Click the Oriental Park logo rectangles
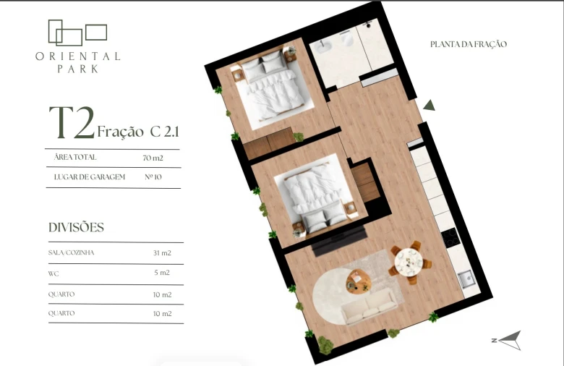coord(77,33)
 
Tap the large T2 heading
coord(72,122)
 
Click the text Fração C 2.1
coord(138,132)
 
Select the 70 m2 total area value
coord(153,158)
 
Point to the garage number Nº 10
coord(153,176)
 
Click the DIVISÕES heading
coord(76,227)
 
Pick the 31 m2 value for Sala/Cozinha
coord(162,253)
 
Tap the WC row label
coord(54,274)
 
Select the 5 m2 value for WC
coord(162,273)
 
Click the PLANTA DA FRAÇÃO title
coord(469,44)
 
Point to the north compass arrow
coord(509,340)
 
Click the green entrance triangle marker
coord(429,106)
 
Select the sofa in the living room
coord(369,307)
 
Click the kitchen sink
coord(467,279)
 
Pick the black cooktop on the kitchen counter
coord(450,237)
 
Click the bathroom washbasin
coord(320,46)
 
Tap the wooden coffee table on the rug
coord(359,281)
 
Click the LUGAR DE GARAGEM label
coord(90,177)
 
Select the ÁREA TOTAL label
coord(75,157)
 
